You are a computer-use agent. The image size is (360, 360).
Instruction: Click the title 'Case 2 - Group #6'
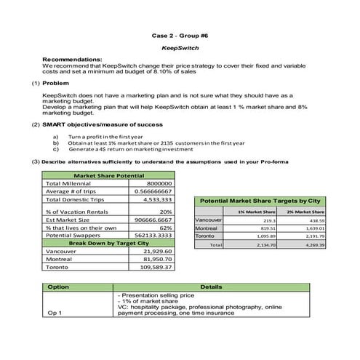click(x=180, y=35)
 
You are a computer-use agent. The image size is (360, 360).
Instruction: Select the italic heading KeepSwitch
click(x=180, y=48)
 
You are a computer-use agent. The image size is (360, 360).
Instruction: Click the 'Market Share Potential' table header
click(x=108, y=176)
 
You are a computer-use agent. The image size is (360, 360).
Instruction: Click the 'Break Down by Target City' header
click(x=108, y=242)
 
